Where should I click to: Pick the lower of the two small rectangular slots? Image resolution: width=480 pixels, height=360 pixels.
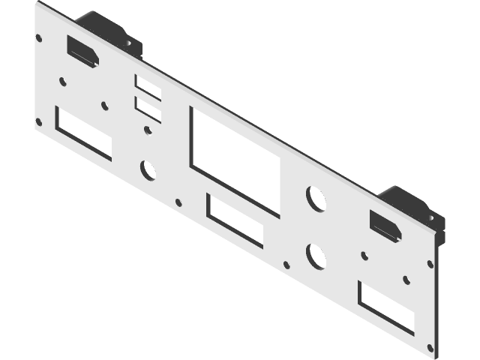(148, 110)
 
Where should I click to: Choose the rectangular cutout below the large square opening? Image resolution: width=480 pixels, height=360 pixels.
(235, 220)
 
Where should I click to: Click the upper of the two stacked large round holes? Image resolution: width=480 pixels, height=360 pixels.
(316, 197)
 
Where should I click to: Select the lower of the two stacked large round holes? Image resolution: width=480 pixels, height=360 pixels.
(316, 256)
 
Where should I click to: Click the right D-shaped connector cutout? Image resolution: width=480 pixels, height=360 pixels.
(384, 224)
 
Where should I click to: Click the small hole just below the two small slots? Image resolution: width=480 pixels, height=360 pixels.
(148, 132)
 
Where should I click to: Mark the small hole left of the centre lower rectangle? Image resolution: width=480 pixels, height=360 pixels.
(178, 201)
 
